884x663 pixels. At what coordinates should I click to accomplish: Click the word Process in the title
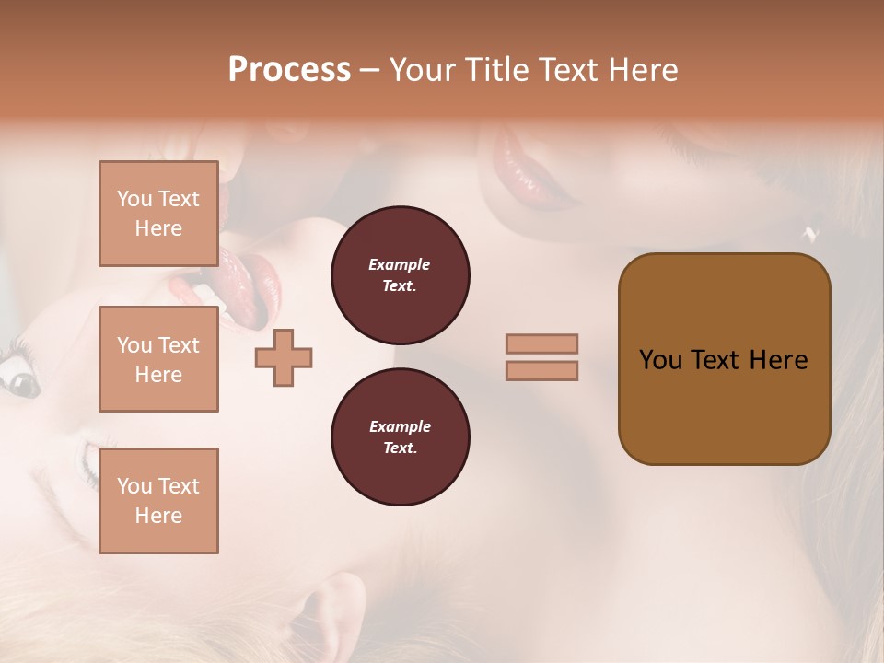coord(289,70)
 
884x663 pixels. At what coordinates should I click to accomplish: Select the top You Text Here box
coord(158,214)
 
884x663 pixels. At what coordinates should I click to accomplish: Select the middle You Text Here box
coord(158,359)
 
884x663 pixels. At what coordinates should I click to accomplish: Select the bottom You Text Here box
coord(158,501)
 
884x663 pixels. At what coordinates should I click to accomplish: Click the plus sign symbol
coord(284,358)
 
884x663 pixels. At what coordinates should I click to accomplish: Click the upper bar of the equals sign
coord(541,343)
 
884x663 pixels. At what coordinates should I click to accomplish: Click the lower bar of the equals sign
coord(541,370)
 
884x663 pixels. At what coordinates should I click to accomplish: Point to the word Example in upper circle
coord(400,264)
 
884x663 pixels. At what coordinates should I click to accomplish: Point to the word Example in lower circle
coord(400,426)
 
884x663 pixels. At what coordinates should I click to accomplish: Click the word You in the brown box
coord(660,360)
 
